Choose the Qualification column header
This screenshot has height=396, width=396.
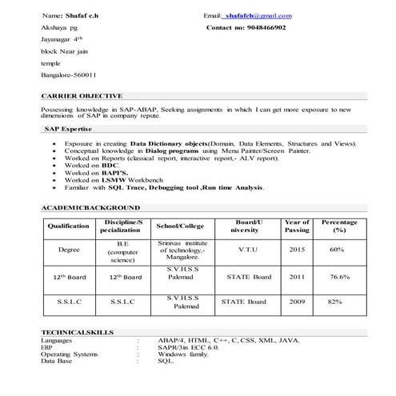coord(69,226)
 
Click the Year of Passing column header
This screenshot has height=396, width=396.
coord(297,226)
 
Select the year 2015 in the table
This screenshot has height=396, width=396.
coord(297,250)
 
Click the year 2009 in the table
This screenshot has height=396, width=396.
coord(297,302)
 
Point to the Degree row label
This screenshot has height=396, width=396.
coord(69,250)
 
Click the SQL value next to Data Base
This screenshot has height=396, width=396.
coord(166,360)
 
